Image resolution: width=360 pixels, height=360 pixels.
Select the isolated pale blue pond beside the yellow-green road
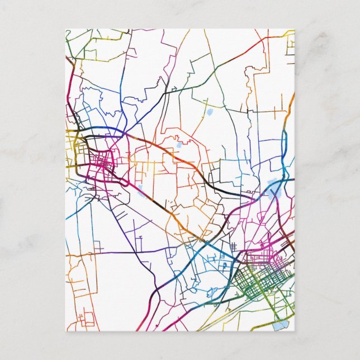(x=210, y=112)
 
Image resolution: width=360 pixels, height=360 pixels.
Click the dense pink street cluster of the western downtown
(x=103, y=163)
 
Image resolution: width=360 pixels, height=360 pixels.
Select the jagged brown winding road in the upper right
(x=254, y=70)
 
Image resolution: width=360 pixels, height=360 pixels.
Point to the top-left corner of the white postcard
(x=66, y=29)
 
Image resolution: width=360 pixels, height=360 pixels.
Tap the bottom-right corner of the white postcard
(x=294, y=331)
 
